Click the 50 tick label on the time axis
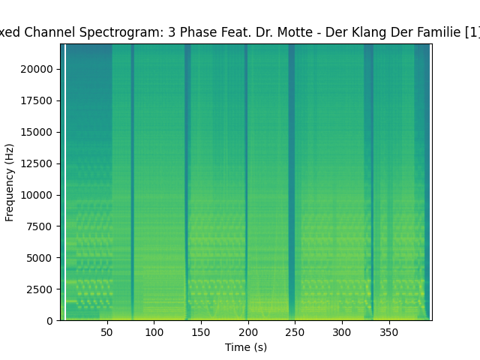(x=106, y=332)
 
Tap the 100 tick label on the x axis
(x=154, y=332)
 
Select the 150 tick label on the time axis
(x=201, y=332)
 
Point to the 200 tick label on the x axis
(x=247, y=332)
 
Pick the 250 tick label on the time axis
(x=295, y=332)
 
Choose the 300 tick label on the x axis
(x=342, y=332)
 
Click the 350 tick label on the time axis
(x=389, y=332)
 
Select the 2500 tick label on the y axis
(x=42, y=289)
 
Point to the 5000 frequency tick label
(x=42, y=258)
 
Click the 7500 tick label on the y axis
(x=42, y=226)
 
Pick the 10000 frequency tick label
(x=39, y=195)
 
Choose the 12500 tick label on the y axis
(x=39, y=163)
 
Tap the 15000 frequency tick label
(x=39, y=132)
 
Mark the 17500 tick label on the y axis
(x=39, y=100)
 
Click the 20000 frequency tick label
(x=39, y=69)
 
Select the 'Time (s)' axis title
(x=246, y=347)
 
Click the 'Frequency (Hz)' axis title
(x=10, y=182)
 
